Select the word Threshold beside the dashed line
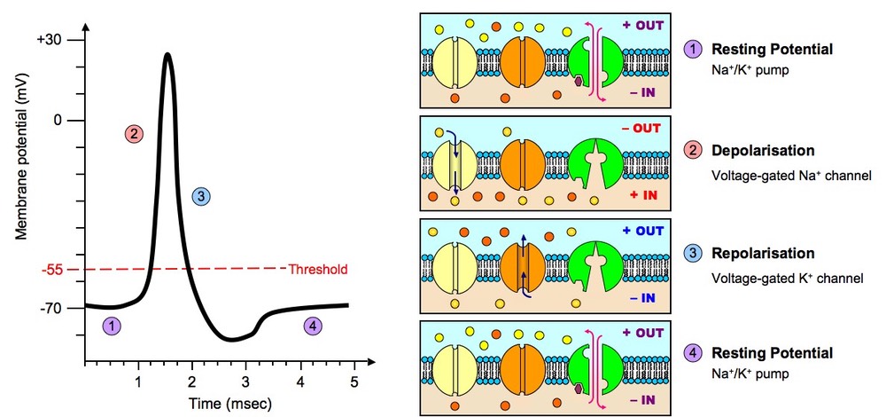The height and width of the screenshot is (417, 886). [318, 269]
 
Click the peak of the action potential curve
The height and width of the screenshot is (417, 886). [167, 54]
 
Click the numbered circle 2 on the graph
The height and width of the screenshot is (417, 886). [134, 134]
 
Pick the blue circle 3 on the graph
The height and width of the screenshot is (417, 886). [200, 196]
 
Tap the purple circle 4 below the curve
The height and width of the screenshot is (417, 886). [312, 326]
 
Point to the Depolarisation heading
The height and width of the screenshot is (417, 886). [762, 150]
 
